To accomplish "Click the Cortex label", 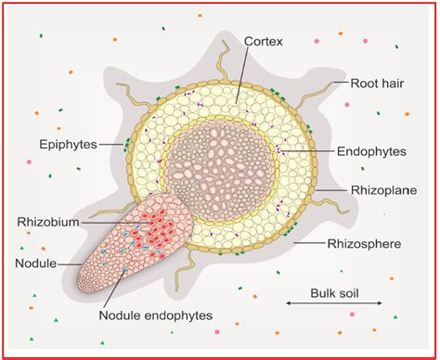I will click(x=264, y=42).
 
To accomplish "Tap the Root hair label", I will click(x=376, y=82).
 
